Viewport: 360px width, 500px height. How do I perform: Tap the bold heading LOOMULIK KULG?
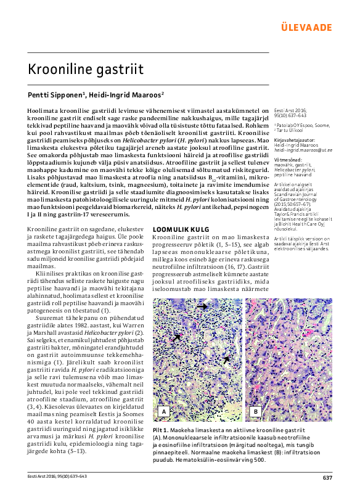(x=179, y=229)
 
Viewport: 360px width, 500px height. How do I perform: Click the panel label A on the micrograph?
(x=164, y=411)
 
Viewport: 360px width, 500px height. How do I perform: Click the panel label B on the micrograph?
(x=255, y=411)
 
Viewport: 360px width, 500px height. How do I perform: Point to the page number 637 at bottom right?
(x=327, y=478)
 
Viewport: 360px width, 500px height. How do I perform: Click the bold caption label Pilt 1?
(x=161, y=428)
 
